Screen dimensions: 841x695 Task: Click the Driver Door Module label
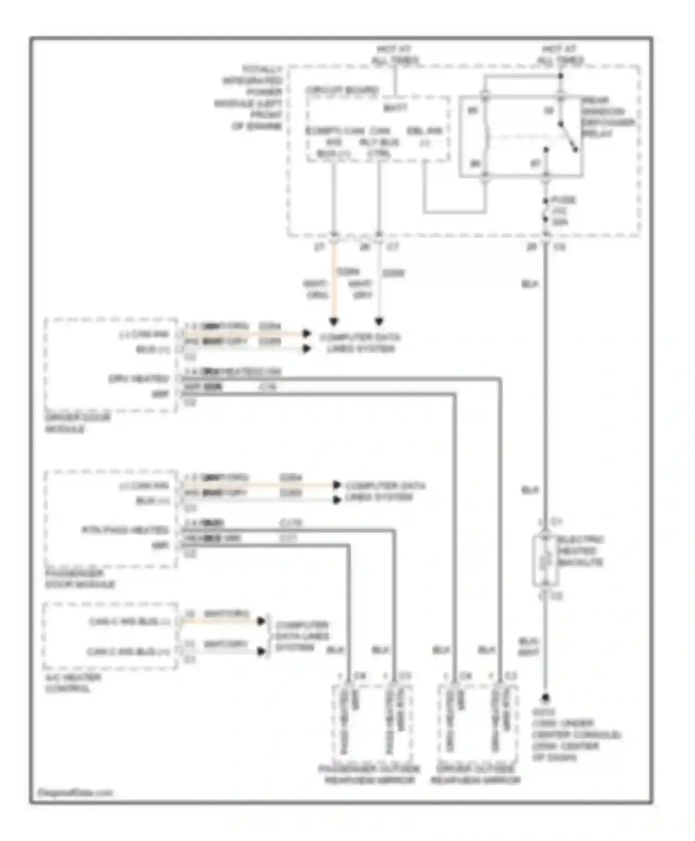coord(77,423)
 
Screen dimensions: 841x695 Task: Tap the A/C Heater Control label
coord(72,682)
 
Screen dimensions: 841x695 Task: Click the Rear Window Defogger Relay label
coord(608,117)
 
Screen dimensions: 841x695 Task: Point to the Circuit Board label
coord(341,90)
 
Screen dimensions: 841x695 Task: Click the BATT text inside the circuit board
coord(395,108)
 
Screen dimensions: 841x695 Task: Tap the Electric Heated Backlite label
coord(580,551)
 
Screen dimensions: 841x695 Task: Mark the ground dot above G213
coord(546,697)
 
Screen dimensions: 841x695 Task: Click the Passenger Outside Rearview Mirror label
coord(369,774)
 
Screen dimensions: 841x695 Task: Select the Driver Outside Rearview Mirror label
coord(475,774)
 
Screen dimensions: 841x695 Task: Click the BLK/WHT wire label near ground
coord(528,646)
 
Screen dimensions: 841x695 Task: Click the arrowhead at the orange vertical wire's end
coord(334,321)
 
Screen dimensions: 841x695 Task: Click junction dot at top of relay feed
coord(561,76)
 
